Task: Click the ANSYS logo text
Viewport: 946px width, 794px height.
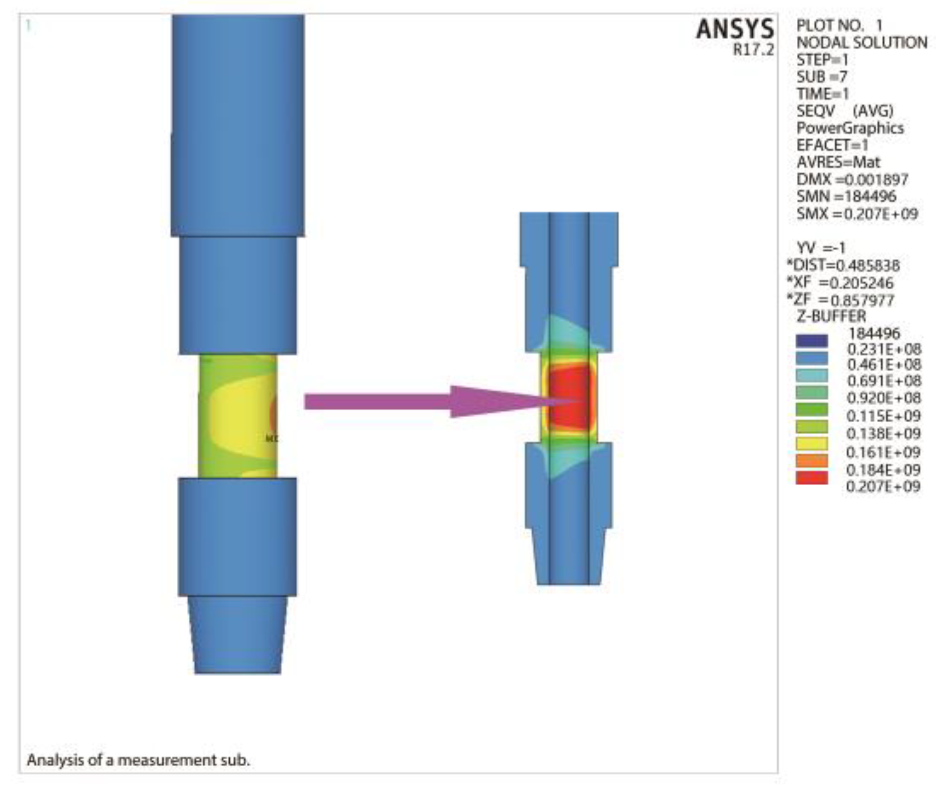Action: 734,30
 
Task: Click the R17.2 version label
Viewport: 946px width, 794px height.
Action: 753,50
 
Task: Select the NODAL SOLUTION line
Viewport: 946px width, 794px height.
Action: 861,43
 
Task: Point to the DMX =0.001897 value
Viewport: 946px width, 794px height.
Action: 852,180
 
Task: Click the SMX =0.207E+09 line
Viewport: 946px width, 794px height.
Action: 856,214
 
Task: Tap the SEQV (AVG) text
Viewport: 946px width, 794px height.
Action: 844,111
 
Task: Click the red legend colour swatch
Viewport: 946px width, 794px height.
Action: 812,478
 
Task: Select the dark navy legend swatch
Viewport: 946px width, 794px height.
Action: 812,341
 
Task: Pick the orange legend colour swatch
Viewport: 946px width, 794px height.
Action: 812,461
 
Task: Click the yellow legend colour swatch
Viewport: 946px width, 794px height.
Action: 812,444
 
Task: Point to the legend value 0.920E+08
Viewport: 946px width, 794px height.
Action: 883,398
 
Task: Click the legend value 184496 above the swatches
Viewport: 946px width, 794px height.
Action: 874,333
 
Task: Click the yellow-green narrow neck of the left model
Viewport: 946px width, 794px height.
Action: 237,417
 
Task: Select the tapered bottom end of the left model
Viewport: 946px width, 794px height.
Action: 238,636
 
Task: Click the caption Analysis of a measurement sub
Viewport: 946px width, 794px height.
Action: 138,760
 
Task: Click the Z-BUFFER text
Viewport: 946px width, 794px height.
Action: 831,317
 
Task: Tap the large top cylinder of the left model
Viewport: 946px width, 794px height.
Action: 238,125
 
